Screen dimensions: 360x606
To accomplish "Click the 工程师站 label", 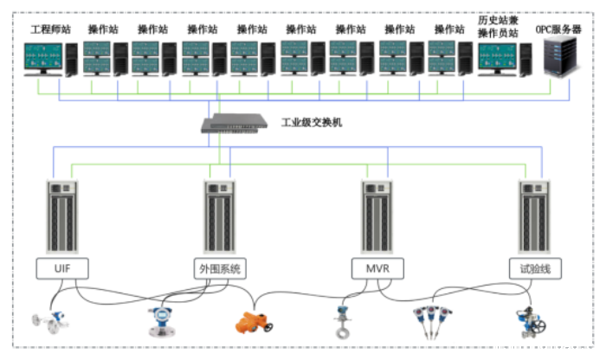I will point(48,29).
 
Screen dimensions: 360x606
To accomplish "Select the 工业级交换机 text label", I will point(312,122).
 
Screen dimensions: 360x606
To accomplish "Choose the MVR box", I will point(376,268).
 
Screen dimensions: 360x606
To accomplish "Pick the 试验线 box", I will point(534,268).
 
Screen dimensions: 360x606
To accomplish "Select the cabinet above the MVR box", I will point(376,215).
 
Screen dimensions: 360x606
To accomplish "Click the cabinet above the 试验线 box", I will point(534,215).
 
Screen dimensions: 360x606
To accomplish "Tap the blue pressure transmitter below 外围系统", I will point(161,320).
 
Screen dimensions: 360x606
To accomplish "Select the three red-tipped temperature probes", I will point(430,320).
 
